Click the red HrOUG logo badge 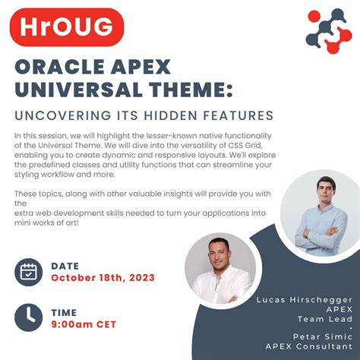67,28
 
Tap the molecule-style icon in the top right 328,30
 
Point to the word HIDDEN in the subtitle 176,116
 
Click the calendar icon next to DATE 29,272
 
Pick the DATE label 65,266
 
